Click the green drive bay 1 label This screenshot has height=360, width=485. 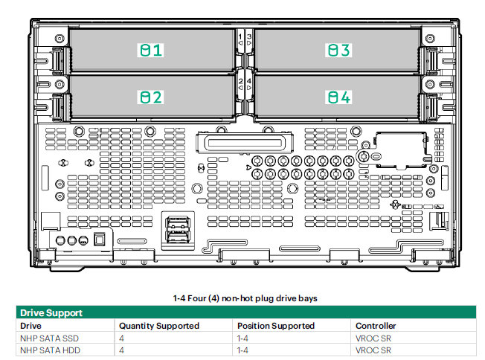coord(151,50)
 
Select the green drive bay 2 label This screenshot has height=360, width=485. coord(151,97)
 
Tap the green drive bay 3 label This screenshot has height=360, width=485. coord(338,50)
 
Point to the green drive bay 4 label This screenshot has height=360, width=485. coord(338,97)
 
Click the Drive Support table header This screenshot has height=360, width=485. coord(51,312)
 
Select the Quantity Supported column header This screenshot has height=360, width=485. coord(159,326)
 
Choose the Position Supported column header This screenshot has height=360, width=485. coord(276,326)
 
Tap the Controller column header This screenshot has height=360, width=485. coord(376,326)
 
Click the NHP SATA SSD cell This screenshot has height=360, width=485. coord(50,338)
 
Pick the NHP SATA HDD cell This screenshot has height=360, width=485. coord(50,350)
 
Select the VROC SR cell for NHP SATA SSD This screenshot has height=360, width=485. coord(373,338)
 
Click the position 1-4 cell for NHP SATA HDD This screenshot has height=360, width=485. coord(242,350)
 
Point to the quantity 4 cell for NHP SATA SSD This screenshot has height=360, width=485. coord(121,338)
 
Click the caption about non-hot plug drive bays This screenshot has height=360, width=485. coord(245,298)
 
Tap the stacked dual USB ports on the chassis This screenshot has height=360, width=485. coord(178,230)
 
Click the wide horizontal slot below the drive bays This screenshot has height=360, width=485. coord(245,143)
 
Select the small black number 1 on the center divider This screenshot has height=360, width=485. coord(240,36)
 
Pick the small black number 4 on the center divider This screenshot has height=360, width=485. coord(248,81)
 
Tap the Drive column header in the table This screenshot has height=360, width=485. coord(30,326)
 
